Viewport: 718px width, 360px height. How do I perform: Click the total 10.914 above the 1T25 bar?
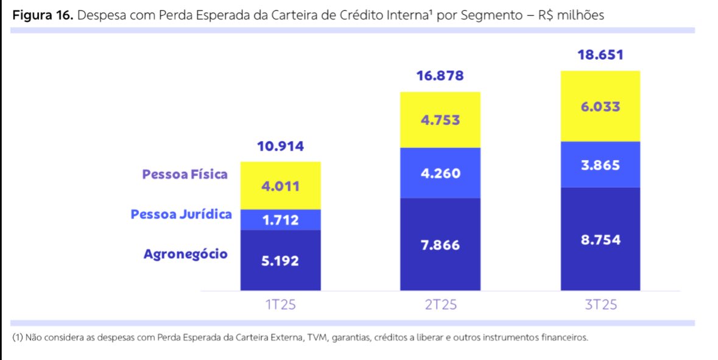click(x=280, y=147)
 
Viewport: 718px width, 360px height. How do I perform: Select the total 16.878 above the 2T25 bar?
click(x=440, y=76)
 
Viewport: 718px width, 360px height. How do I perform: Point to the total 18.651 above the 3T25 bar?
click(x=600, y=55)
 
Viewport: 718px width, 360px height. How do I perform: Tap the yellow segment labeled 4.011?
click(x=281, y=186)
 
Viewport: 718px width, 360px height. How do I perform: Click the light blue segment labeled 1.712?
click(x=281, y=220)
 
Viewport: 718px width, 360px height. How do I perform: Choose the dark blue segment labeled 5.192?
click(x=281, y=261)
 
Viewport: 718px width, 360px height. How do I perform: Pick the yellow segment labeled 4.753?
click(x=440, y=120)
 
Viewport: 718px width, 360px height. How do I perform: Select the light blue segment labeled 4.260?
click(x=440, y=173)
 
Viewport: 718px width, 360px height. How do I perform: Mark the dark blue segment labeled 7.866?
click(x=440, y=245)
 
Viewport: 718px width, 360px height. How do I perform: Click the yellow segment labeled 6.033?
click(x=600, y=107)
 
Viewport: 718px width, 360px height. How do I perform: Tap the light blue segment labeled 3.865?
click(x=600, y=164)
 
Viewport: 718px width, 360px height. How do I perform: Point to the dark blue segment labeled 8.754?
click(x=600, y=239)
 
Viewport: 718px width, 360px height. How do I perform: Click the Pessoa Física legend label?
click(x=185, y=174)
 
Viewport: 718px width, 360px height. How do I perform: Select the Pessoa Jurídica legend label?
click(x=181, y=214)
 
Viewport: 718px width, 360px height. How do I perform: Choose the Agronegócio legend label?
click(x=186, y=254)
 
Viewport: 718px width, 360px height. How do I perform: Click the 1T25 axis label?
click(x=281, y=305)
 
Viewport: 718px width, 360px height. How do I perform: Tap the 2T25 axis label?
click(x=440, y=305)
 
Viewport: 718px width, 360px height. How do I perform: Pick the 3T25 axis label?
click(x=600, y=305)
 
